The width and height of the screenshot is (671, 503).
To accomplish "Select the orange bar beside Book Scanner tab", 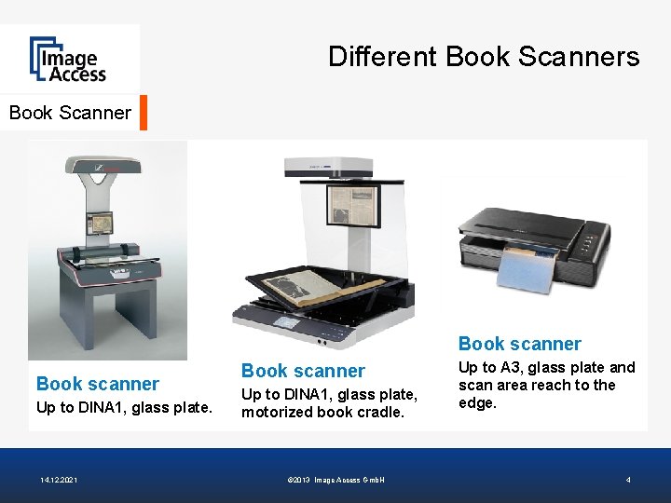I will (x=144, y=113).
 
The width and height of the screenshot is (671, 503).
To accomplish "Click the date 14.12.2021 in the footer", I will (x=59, y=480).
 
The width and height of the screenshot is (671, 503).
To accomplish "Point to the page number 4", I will (x=628, y=480).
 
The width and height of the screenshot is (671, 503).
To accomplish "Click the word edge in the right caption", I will (x=476, y=402).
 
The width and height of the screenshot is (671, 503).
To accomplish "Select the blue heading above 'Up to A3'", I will (x=519, y=344).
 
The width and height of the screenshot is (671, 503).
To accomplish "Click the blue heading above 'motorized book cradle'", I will (x=303, y=371).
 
